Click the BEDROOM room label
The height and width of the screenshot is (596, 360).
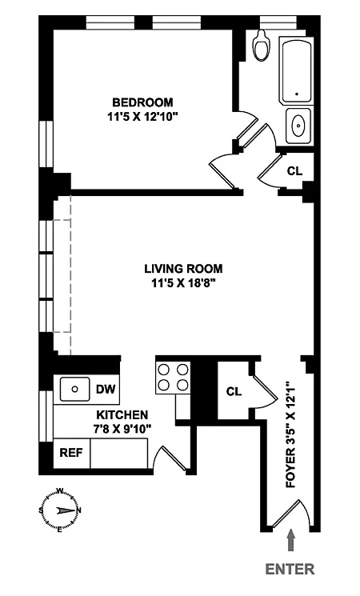[x=142, y=102]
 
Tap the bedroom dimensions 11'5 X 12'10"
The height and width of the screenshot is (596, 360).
[x=142, y=117]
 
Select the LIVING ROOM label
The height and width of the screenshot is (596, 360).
[x=183, y=269]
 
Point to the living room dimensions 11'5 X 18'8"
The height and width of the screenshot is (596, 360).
[x=183, y=283]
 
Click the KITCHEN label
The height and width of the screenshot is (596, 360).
[x=122, y=414]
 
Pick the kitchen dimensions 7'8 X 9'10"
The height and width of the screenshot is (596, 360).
[x=122, y=429]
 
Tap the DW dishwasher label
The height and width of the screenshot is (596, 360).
[x=106, y=390]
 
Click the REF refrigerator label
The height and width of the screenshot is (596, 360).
[x=71, y=453]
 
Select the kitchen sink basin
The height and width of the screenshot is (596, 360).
[x=75, y=390]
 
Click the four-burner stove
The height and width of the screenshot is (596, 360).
[x=173, y=377]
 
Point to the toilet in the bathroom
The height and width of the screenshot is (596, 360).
[x=262, y=45]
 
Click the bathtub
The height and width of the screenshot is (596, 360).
[x=297, y=70]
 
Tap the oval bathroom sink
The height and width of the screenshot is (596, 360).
[x=298, y=125]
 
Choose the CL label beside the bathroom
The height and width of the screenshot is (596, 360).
[x=294, y=171]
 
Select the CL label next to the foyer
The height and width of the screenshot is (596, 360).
[x=234, y=391]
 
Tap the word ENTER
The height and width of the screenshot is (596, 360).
[x=290, y=569]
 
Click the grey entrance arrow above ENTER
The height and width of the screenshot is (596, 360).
[x=291, y=540]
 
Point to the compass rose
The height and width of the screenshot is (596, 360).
[x=60, y=510]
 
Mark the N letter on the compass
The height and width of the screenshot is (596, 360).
[x=79, y=510]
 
